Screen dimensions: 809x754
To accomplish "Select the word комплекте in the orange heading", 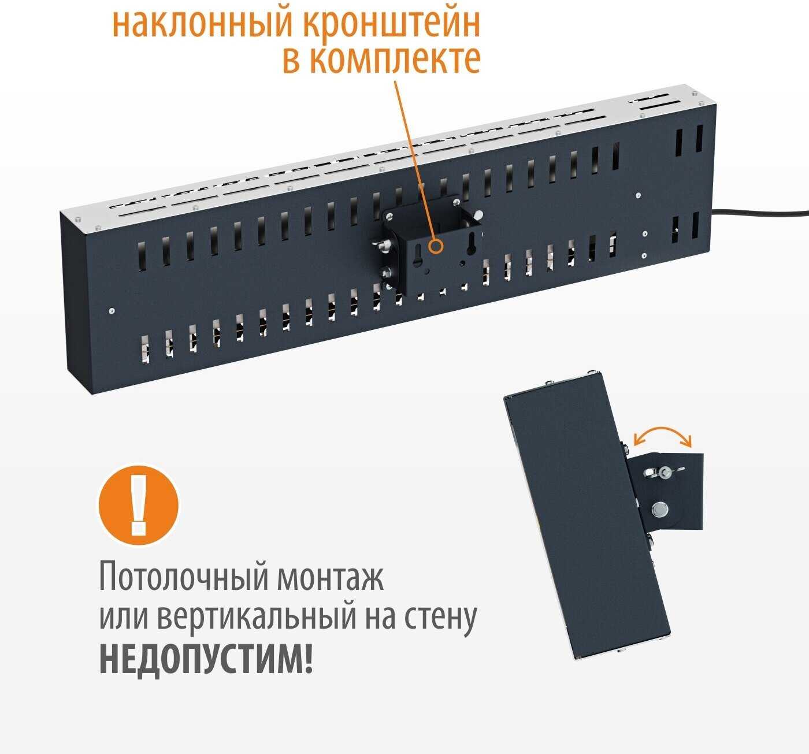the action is (x=398, y=59).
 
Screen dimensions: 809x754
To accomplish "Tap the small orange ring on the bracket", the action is (x=436, y=247).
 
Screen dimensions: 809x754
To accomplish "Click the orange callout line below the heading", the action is (x=415, y=161).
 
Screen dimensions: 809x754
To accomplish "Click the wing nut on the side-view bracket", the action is (x=664, y=472).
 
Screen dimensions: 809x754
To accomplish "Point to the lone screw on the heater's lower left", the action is (x=112, y=311).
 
